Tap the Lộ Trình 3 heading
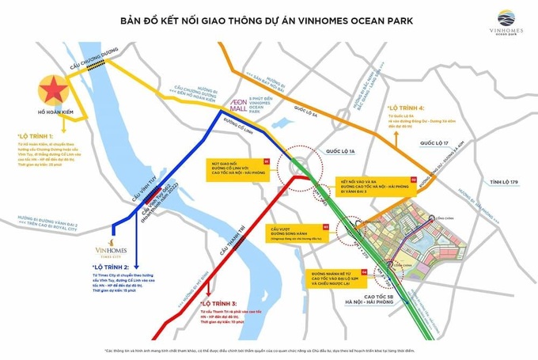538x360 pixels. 216,304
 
